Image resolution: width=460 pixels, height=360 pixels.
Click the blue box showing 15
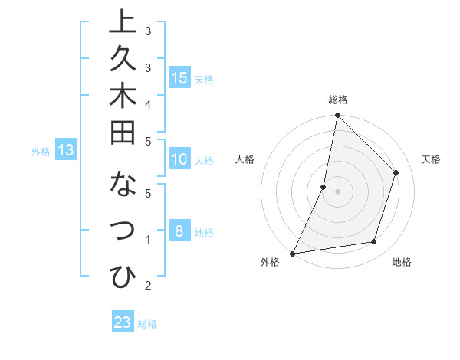tap(179, 77)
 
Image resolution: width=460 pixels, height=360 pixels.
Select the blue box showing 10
tap(179, 159)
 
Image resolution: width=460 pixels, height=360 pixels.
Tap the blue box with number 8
tap(179, 231)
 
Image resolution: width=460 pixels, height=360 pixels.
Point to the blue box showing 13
tap(66, 150)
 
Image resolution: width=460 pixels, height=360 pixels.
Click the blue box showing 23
tap(123, 322)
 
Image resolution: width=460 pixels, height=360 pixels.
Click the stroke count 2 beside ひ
tap(148, 286)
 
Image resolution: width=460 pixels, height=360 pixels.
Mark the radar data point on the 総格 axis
tap(337, 116)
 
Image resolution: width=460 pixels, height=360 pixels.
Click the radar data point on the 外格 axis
tap(293, 253)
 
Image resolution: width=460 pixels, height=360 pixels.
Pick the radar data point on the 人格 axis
tap(324, 187)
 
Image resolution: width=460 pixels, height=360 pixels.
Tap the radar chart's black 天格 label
tap(431, 159)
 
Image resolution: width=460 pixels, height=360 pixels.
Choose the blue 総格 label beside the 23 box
tap(147, 324)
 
